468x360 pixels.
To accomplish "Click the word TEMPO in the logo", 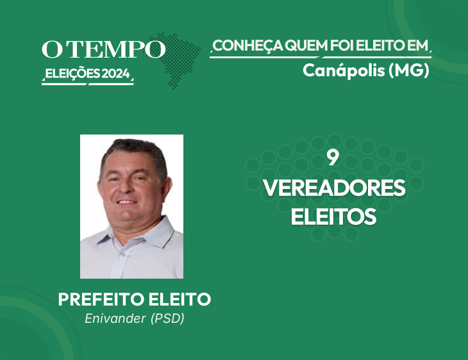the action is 116,49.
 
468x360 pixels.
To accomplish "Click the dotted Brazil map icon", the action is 175,60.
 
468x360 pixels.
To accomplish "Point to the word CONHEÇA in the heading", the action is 247,46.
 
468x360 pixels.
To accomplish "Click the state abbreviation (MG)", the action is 409,70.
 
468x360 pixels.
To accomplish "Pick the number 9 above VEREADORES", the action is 333,158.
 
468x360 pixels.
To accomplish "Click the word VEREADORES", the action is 334,188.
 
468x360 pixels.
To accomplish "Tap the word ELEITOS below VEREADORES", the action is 333,217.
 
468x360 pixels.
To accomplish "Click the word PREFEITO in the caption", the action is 101,299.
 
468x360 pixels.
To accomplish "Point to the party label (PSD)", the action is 167,318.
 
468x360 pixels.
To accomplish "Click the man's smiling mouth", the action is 126,202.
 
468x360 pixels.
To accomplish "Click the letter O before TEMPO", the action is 52,49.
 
